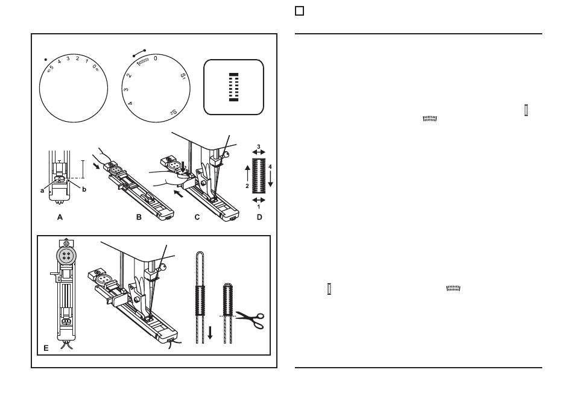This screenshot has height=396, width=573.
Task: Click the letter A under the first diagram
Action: [60, 218]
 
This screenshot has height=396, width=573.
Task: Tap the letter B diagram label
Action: [139, 218]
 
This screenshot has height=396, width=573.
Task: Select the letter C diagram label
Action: [197, 218]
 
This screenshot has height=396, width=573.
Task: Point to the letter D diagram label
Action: [259, 218]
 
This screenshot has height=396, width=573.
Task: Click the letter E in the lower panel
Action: [46, 348]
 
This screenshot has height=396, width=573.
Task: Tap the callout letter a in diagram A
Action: [42, 190]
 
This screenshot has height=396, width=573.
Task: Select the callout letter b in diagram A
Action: [84, 189]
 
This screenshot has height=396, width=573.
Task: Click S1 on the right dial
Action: [183, 77]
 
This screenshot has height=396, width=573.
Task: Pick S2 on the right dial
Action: [174, 112]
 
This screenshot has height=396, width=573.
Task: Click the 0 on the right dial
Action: [155, 58]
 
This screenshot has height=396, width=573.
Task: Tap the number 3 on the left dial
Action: [68, 58]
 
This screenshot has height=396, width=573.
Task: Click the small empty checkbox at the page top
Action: [299, 11]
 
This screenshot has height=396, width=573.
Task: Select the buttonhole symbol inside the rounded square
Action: [233, 87]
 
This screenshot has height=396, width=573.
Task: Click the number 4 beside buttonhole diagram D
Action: [270, 167]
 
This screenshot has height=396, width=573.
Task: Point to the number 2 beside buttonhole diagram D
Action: [247, 186]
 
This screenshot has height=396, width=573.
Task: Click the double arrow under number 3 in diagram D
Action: [259, 152]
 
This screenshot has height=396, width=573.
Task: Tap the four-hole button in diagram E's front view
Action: [66, 256]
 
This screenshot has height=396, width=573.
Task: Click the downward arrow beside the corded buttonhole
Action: [210, 333]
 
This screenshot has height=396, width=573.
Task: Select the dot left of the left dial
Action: [46, 60]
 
